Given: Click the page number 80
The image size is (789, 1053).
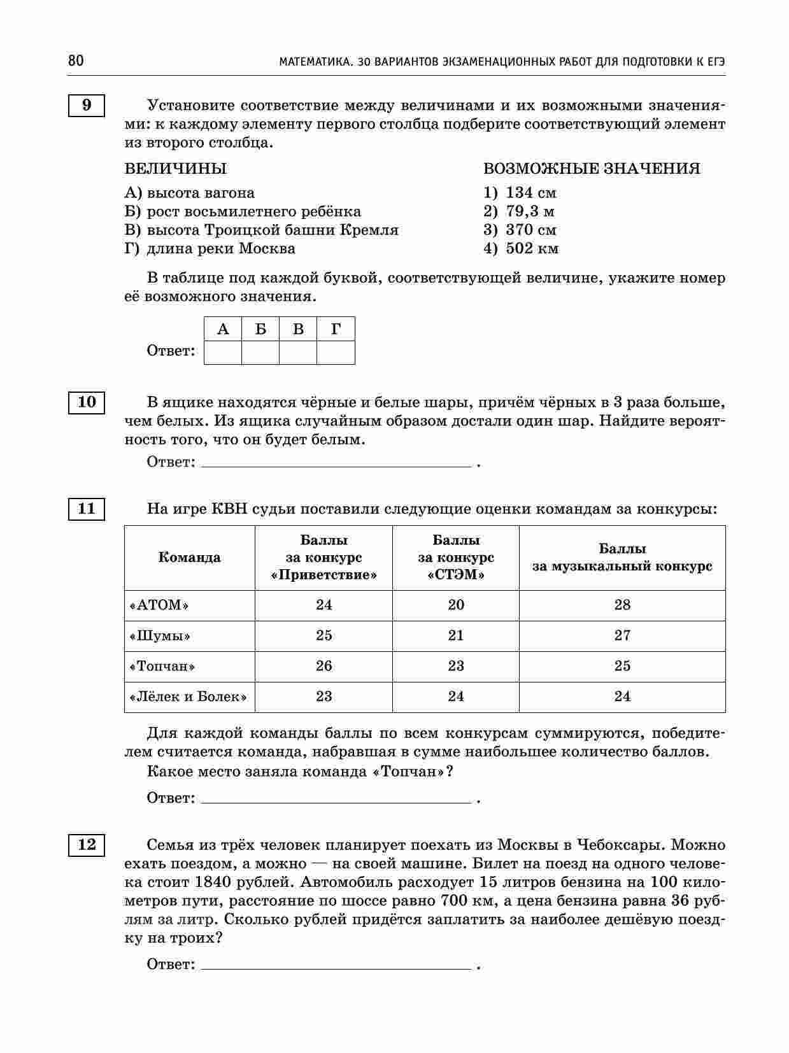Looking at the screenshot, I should click(x=76, y=61).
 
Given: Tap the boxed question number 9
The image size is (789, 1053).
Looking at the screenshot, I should click(x=87, y=105).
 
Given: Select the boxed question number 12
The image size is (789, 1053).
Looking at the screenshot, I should click(x=87, y=845).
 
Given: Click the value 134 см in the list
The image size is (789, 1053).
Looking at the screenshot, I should click(x=530, y=193).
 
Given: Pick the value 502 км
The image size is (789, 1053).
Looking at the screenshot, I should click(x=532, y=248).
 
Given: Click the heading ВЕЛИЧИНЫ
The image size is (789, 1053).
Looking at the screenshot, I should click(x=176, y=169).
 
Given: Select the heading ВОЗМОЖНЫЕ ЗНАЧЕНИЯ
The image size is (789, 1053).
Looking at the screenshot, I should click(x=592, y=169).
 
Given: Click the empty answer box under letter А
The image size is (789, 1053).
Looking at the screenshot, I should click(x=223, y=352).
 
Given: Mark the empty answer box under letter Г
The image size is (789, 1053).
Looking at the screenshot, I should click(x=336, y=352).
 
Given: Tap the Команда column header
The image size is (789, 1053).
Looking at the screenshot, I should click(x=190, y=558).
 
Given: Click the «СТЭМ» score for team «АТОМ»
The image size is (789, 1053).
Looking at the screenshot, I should click(x=456, y=605).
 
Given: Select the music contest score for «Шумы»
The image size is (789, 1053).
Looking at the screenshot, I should click(x=622, y=635).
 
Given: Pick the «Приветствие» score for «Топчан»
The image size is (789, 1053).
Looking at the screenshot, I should click(x=324, y=666).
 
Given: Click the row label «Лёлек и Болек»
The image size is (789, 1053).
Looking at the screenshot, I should click(x=188, y=696).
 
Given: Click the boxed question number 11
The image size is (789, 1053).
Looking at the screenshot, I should click(x=87, y=509).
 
